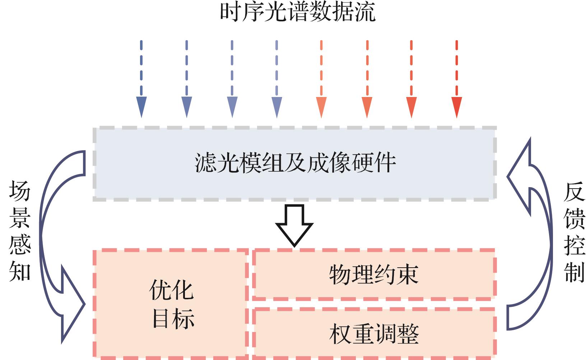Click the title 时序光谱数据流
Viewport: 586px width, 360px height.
[298, 12]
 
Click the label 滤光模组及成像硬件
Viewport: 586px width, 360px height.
[295, 163]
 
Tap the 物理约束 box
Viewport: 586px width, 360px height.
[374, 274]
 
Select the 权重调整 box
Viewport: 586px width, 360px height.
[374, 334]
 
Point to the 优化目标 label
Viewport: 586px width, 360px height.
[172, 305]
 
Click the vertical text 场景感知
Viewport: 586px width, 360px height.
[19, 231]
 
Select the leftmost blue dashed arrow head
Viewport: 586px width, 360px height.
[141, 106]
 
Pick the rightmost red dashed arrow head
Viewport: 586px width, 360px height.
[456, 106]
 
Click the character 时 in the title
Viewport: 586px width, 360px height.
[231, 12]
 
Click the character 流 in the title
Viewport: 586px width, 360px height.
[366, 12]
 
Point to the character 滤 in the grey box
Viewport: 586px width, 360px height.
[205, 163]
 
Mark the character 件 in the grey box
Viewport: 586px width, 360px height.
[385, 163]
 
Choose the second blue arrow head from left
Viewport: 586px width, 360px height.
[187, 106]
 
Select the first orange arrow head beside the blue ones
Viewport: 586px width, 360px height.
[321, 106]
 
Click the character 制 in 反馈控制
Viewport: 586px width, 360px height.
[574, 272]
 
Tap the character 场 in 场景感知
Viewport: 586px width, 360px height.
[19, 191]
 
